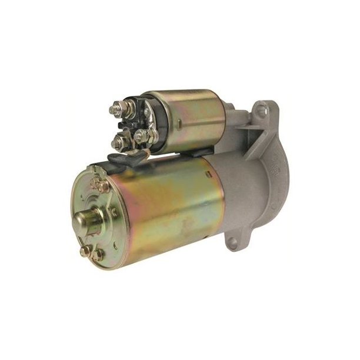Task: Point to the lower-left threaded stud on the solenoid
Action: (x=120, y=142)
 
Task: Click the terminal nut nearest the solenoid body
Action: (x=141, y=137)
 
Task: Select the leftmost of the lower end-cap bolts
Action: (x=86, y=249)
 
